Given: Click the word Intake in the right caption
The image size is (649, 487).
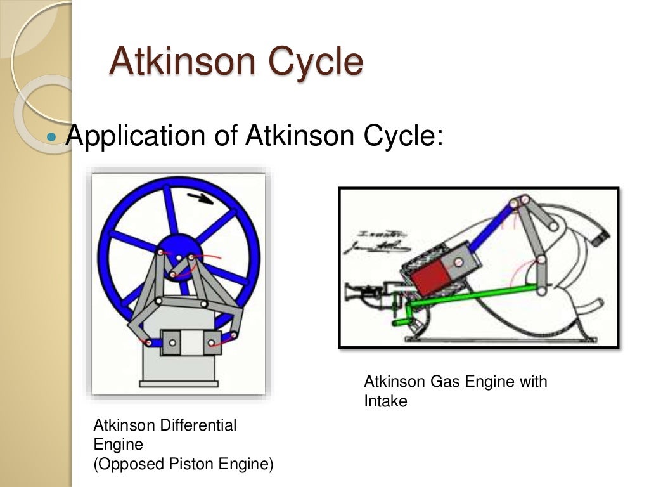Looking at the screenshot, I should click(x=385, y=401).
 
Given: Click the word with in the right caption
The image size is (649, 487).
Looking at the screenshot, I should click(x=533, y=382).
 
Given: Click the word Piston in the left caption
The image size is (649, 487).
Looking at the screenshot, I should click(x=190, y=464).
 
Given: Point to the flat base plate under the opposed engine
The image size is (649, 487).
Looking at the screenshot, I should click(x=179, y=384).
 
